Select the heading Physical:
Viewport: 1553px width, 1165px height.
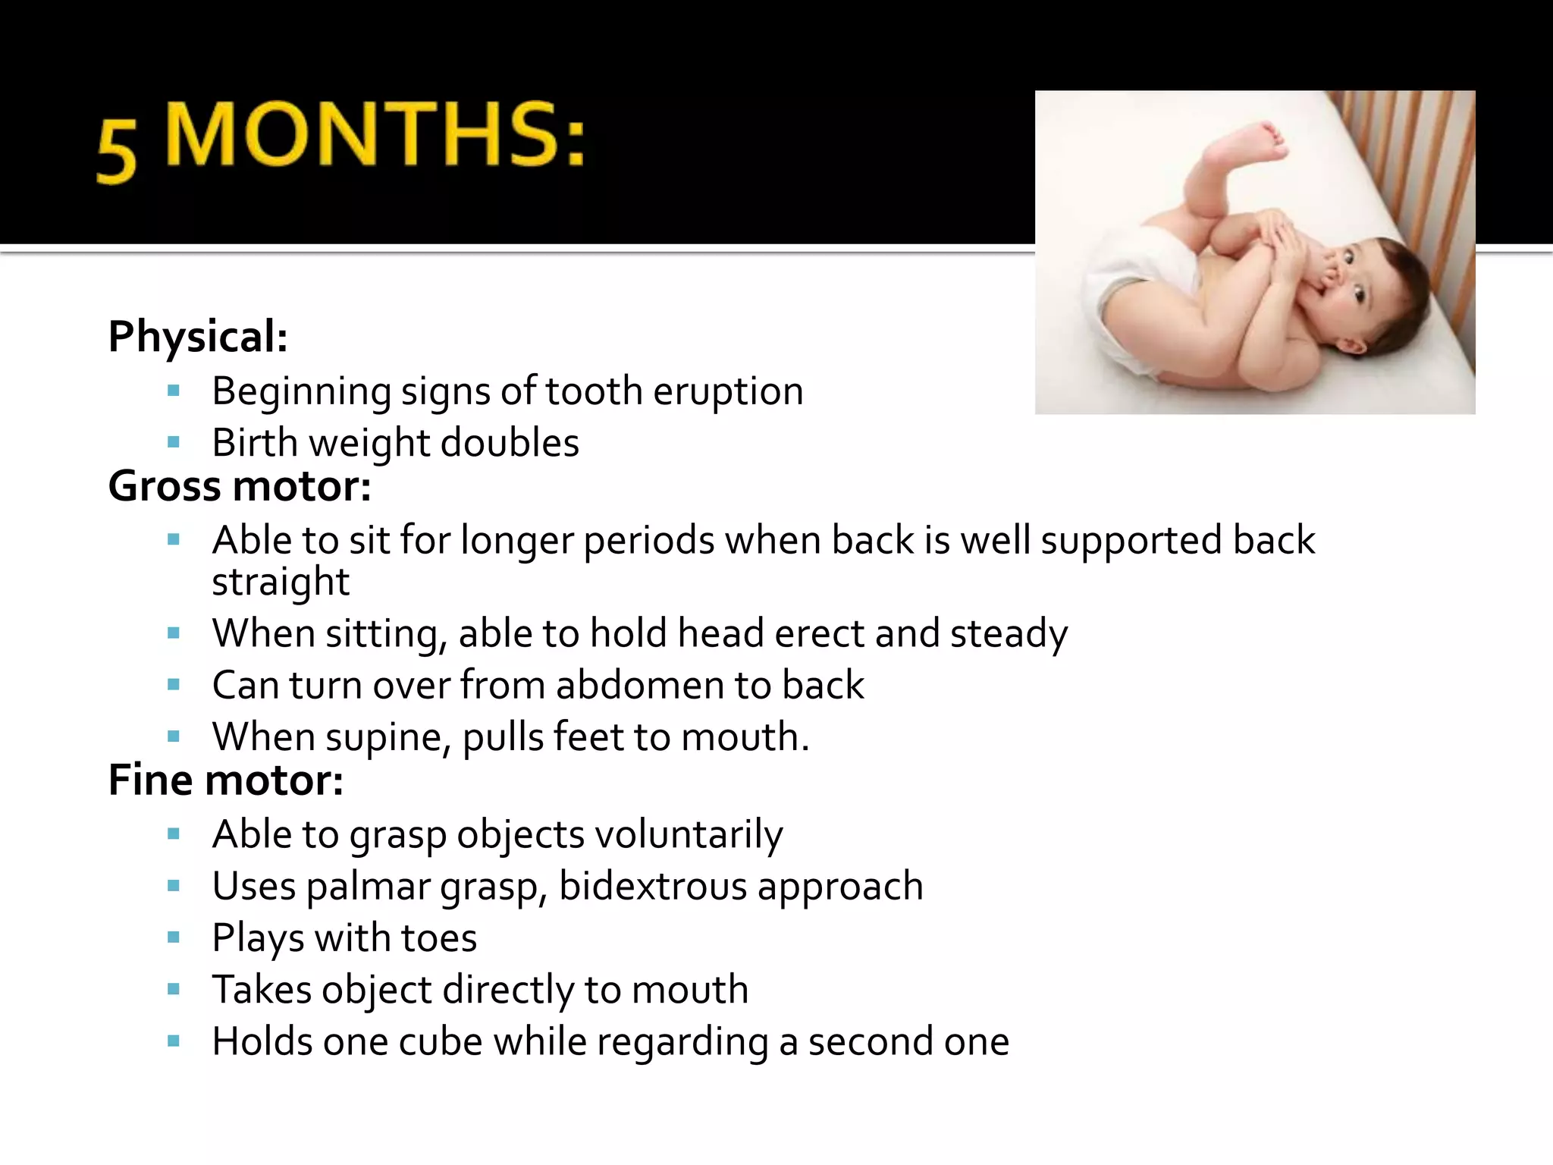click(x=198, y=337)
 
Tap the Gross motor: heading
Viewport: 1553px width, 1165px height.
click(x=240, y=486)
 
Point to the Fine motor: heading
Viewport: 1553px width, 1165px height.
click(x=226, y=780)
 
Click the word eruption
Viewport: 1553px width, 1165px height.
click(x=728, y=392)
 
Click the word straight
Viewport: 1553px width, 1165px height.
click(x=281, y=582)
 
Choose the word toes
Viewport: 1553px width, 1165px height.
click(x=439, y=938)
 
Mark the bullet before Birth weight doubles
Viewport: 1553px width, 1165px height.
click(x=174, y=442)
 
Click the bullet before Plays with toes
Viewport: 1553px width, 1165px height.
click(x=174, y=938)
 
